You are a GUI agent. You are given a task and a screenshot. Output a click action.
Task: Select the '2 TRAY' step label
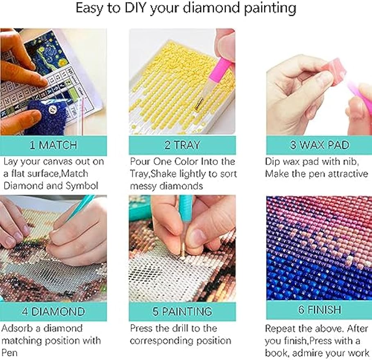pyautogui.click(x=182, y=145)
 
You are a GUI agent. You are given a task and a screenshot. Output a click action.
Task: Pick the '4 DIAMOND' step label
pyautogui.click(x=53, y=311)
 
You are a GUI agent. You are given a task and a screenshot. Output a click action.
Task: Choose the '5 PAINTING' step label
pyautogui.click(x=182, y=311)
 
